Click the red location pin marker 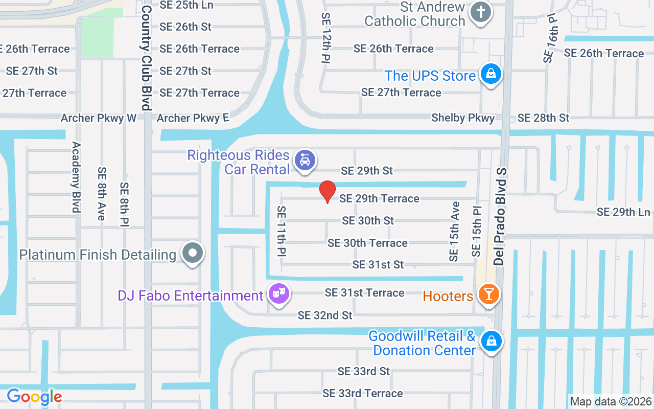coord(328,191)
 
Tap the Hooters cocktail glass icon coord(489,294)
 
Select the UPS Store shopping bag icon coord(491,74)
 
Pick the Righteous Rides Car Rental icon coord(305,161)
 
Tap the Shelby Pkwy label coord(463,118)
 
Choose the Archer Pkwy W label coord(99,118)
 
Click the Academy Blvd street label coord(76,177)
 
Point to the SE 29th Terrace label coord(379,198)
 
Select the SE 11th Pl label coord(282,231)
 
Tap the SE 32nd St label coord(325,315)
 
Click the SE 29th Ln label coord(623,212)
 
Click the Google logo coord(34,396)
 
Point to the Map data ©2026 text coord(611,401)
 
